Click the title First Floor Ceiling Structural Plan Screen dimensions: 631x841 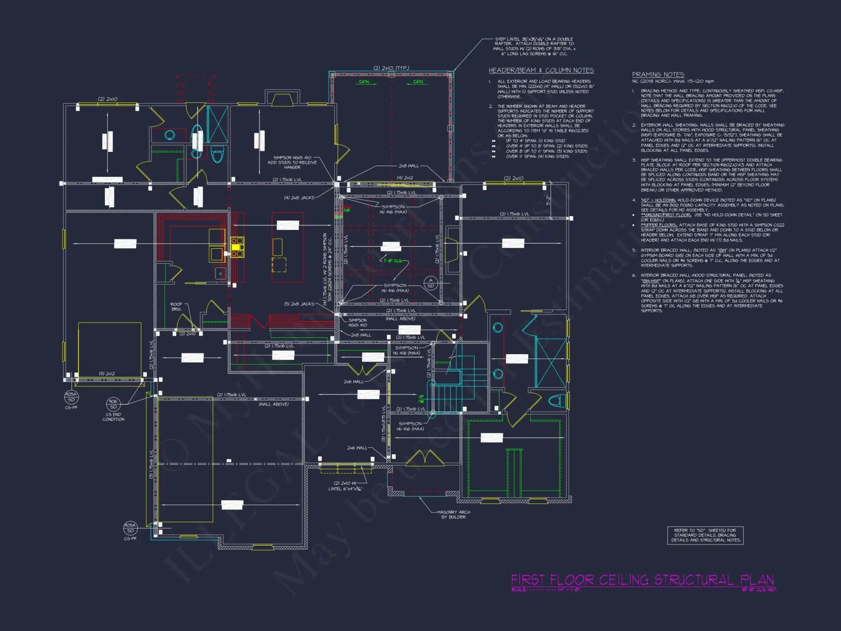(x=642, y=580)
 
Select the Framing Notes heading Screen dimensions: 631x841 (x=658, y=74)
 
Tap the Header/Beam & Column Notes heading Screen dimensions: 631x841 (x=541, y=70)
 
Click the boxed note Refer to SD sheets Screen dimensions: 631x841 (x=705, y=535)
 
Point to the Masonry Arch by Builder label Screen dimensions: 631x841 (x=453, y=514)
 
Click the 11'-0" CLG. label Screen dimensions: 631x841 (x=392, y=261)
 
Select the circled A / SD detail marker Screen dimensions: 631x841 (x=430, y=283)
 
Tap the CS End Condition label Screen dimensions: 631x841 (x=113, y=416)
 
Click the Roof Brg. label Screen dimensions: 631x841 (x=176, y=306)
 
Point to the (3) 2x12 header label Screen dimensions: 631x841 (x=107, y=374)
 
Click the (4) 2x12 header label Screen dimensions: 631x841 (x=405, y=178)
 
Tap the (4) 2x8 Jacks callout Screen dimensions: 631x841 (x=299, y=198)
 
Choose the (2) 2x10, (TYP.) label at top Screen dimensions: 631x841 (x=391, y=68)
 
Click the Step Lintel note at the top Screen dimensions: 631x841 (x=534, y=46)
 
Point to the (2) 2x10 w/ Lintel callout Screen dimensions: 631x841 (x=345, y=486)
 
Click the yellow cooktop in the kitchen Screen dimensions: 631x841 (x=237, y=247)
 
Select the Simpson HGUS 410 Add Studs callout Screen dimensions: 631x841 (x=292, y=162)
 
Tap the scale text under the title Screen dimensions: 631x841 (x=545, y=590)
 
